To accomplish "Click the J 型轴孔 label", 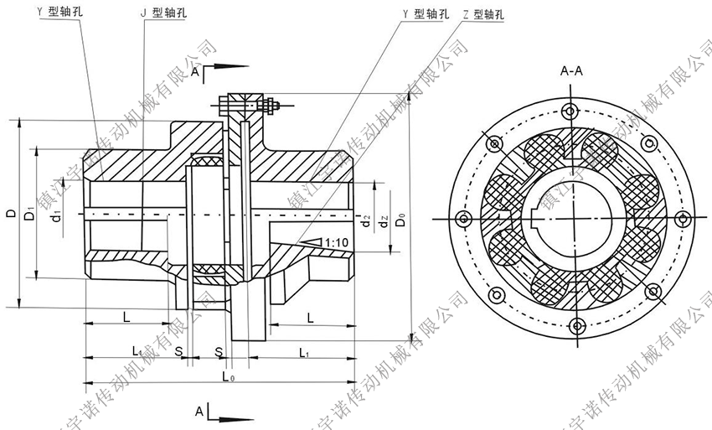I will click(x=166, y=15).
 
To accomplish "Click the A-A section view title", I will click(x=572, y=73).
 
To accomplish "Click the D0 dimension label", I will click(x=403, y=220).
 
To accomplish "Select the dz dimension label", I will click(x=384, y=223).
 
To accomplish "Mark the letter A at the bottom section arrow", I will click(x=198, y=412).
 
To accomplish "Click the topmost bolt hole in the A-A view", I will click(x=572, y=110).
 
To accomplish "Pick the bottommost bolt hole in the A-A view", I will click(x=572, y=328).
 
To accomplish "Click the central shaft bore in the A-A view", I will click(x=572, y=219).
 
